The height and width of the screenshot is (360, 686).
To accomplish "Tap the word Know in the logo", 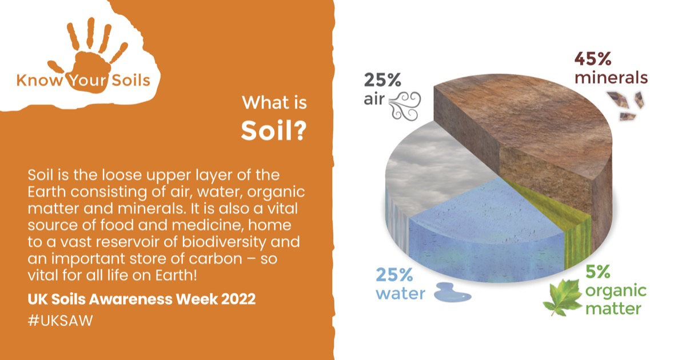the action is point(40,81).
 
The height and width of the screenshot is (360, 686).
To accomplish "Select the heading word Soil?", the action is point(274,131).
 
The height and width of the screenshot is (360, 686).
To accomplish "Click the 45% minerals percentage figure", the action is point(593,58).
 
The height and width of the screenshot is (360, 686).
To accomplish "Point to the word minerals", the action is point(611,78).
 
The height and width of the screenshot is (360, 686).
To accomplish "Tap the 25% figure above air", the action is point(382,80).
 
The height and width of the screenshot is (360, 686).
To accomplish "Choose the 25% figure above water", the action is point(394,275).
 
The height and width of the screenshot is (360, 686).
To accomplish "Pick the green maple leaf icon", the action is point(563,297).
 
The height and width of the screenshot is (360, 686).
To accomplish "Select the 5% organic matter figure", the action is point(598,272).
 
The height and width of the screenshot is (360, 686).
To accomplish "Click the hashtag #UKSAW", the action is point(61,321).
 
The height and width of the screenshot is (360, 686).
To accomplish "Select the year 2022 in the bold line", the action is point(238,299).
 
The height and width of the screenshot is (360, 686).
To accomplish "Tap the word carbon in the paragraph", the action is point(216,259).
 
